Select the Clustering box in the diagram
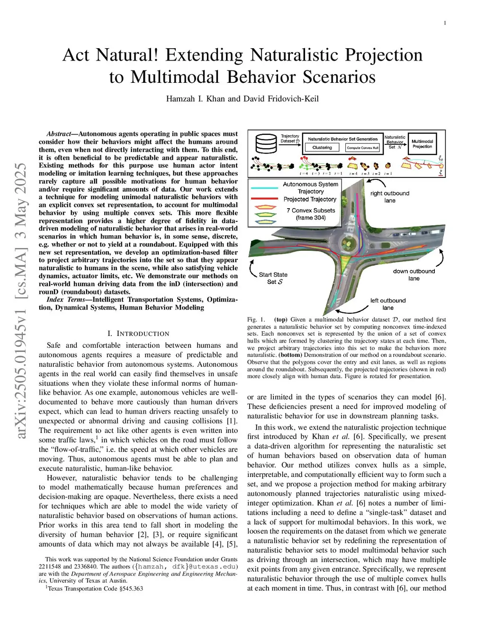322,148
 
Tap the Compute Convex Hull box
362,148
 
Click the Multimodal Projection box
422,144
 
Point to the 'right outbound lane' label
390,197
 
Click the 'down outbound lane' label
413,275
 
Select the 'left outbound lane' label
388,304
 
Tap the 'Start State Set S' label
273,278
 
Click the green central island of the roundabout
351,237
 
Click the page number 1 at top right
445,23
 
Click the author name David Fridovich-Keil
281,99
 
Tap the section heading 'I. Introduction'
138,334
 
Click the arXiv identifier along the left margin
22,300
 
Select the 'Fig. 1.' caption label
256,320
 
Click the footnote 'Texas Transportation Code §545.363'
95,589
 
